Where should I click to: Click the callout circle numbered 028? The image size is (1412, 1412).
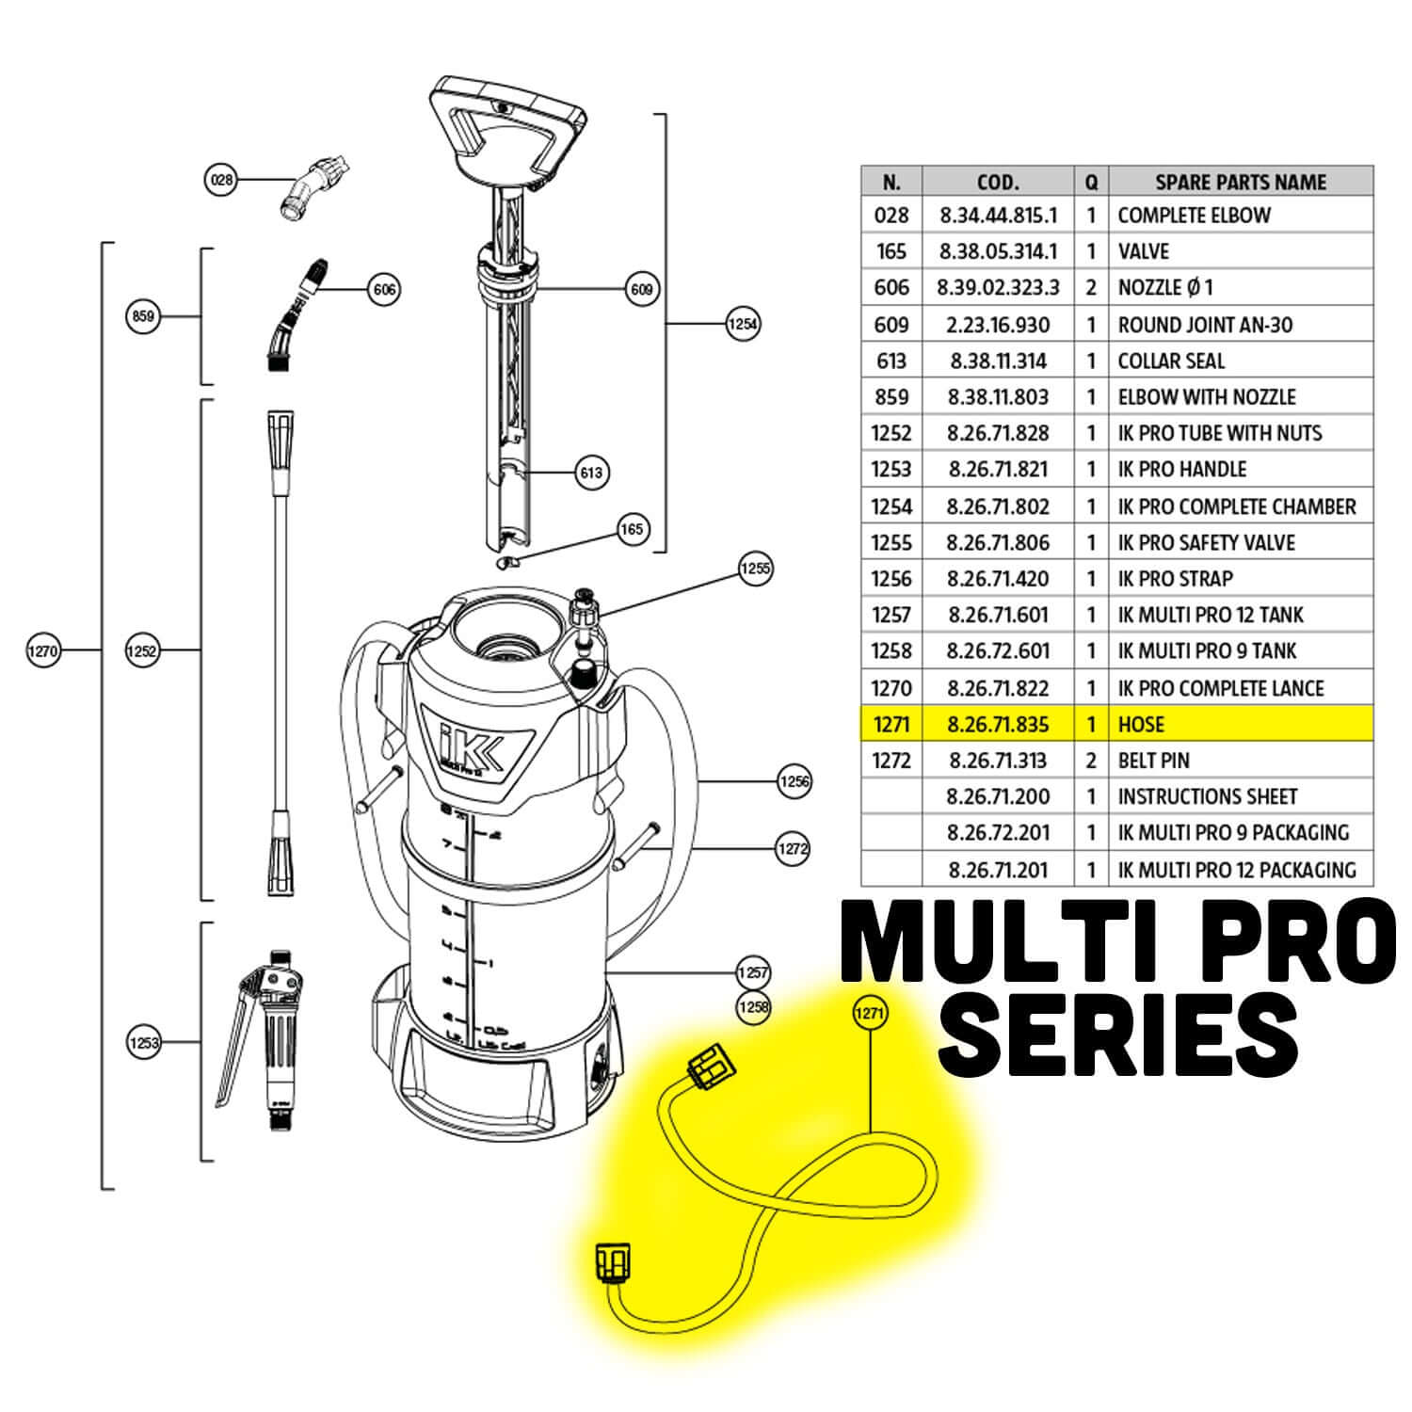[221, 179]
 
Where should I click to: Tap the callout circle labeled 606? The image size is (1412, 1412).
[384, 289]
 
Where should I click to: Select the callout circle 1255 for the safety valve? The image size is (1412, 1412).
[755, 569]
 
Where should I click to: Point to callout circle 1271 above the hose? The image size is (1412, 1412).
[869, 1013]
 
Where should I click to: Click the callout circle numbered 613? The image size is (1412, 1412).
[591, 473]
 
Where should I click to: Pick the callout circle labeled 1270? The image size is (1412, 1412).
[43, 650]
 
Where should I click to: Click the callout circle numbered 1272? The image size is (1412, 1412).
[793, 848]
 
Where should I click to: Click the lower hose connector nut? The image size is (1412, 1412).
[613, 1263]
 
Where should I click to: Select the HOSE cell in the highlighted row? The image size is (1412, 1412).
[1141, 725]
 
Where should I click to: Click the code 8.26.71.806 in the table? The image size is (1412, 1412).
[998, 543]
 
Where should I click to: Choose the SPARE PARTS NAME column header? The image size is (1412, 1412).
[1240, 182]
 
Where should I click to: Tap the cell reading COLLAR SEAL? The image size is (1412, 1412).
[1171, 361]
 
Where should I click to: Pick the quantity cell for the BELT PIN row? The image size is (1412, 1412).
[1091, 761]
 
